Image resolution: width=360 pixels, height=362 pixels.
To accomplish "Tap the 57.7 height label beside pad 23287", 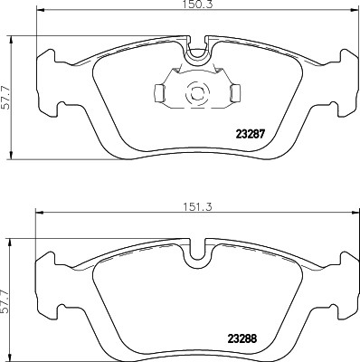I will click(x=7, y=91).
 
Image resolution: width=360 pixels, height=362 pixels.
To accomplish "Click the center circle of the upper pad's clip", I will click(x=195, y=92).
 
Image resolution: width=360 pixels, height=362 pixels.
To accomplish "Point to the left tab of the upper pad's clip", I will click(x=157, y=91).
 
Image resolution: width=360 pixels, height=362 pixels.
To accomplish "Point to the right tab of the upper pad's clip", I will click(x=234, y=91).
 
